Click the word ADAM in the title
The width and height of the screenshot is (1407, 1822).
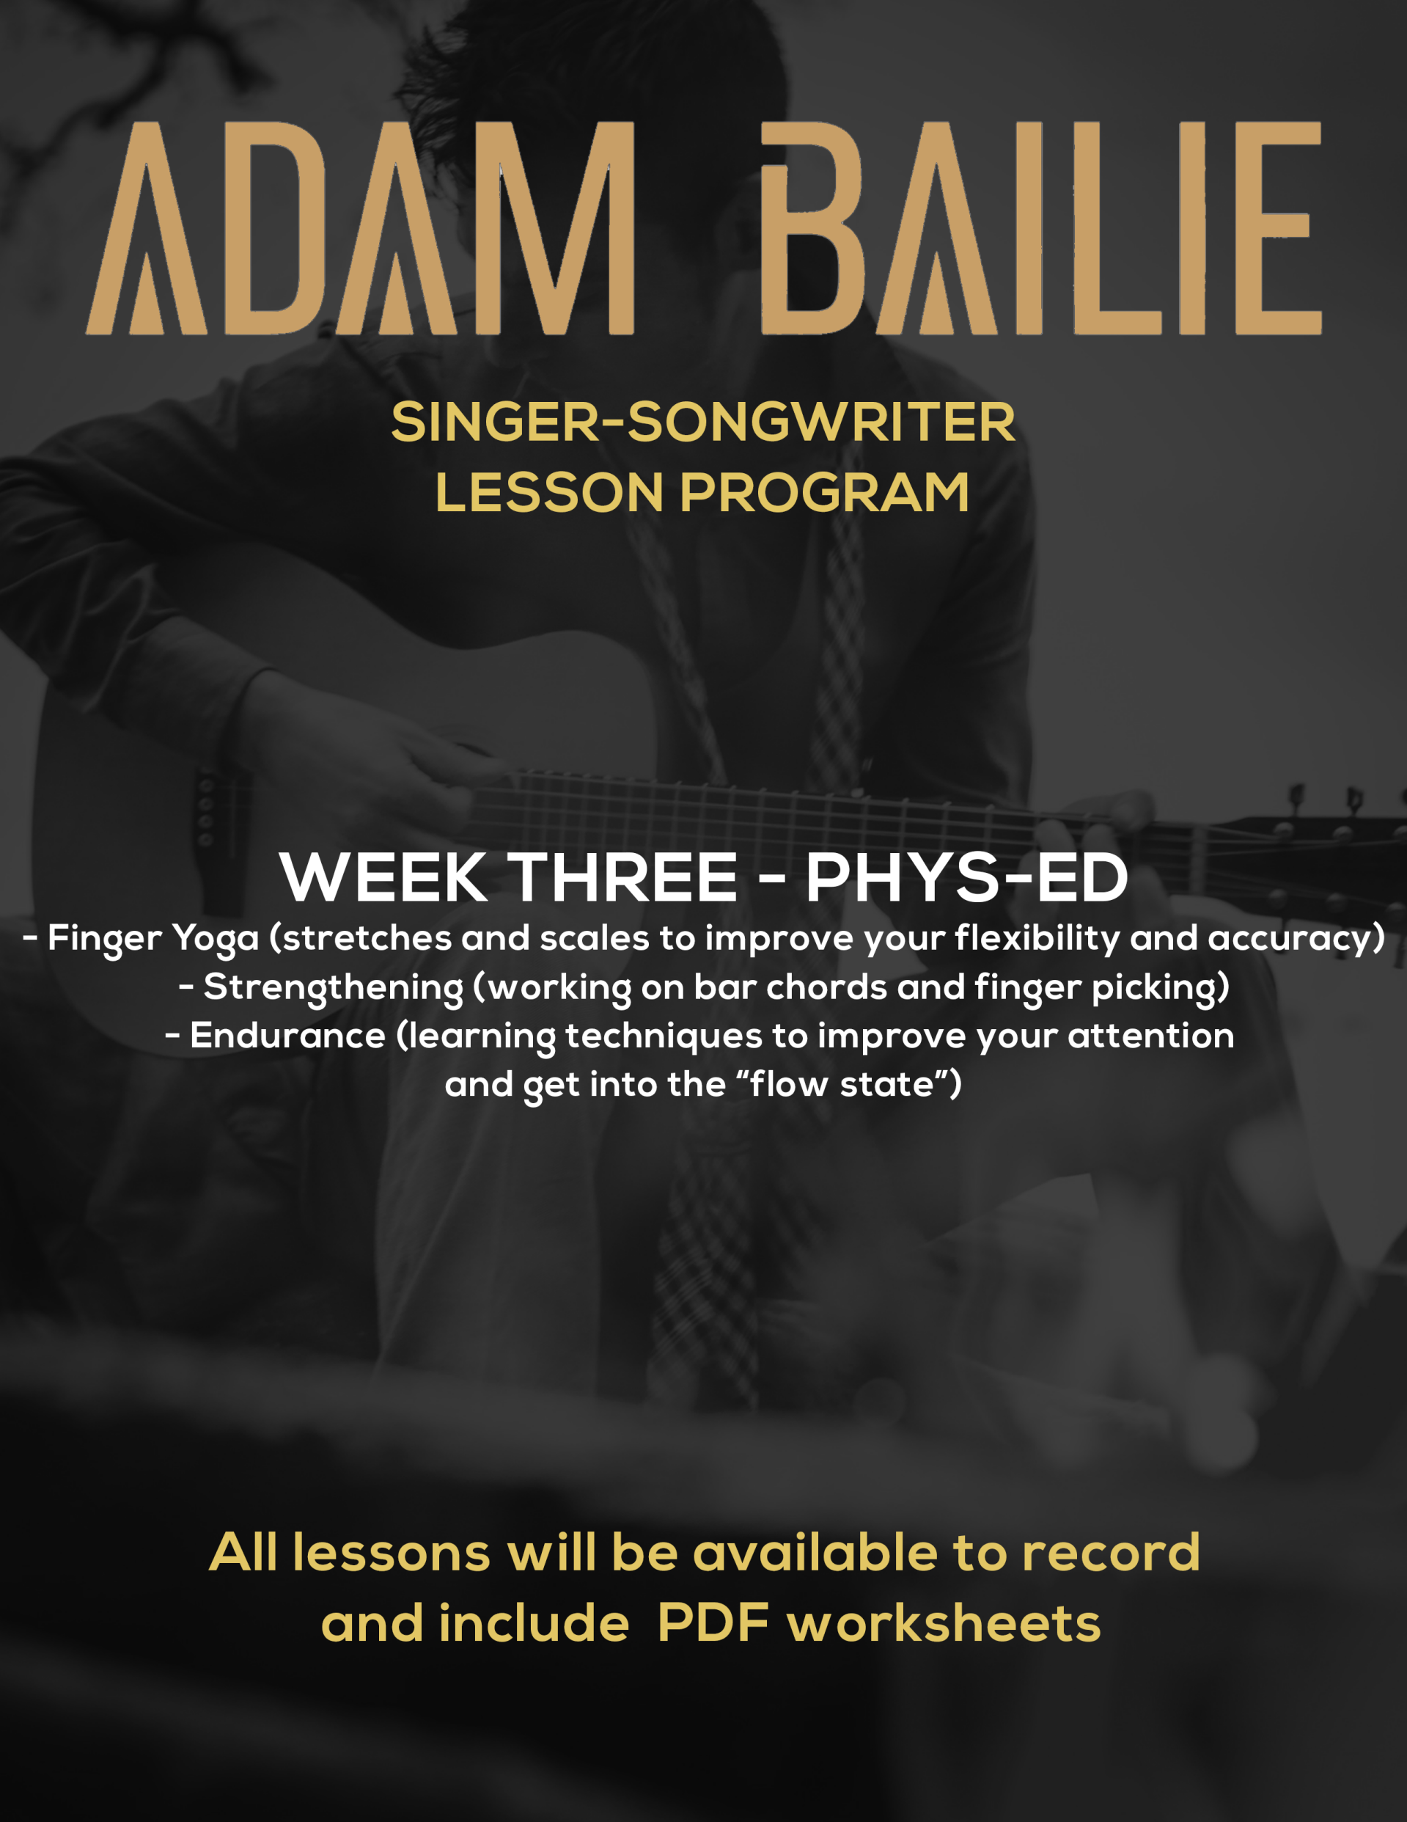click(x=360, y=229)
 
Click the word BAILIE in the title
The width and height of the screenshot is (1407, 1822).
click(x=1041, y=229)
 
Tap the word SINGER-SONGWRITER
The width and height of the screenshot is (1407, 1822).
click(x=703, y=422)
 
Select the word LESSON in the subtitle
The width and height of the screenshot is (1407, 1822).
click(x=550, y=492)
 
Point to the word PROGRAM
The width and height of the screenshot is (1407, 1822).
click(x=825, y=492)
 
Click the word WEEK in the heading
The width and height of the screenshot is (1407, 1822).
click(x=383, y=878)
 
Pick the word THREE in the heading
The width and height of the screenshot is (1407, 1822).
click(x=624, y=878)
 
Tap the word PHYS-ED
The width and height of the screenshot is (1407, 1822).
click(x=966, y=878)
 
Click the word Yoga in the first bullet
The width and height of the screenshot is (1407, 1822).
click(x=216, y=940)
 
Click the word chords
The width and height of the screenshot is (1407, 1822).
click(x=826, y=988)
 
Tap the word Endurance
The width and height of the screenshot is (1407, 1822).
click(x=287, y=1036)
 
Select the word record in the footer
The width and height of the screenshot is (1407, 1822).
click(x=1111, y=1554)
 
